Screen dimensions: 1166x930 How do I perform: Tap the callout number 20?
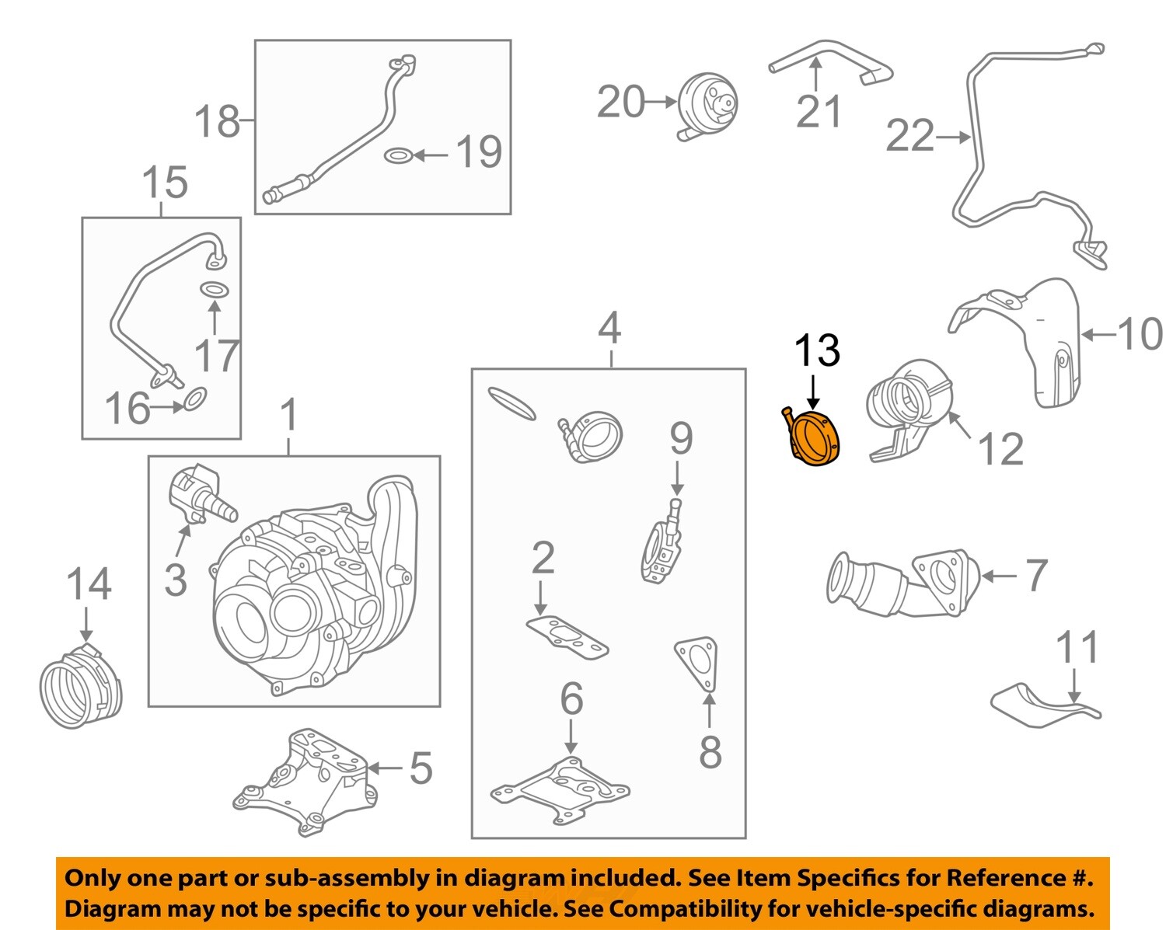pos(620,102)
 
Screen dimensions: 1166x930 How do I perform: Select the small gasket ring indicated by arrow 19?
pos(397,155)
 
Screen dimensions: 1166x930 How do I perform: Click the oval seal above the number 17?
pos(214,290)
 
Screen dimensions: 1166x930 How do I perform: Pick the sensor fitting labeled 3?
pos(196,494)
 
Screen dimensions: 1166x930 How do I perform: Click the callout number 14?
pos(89,584)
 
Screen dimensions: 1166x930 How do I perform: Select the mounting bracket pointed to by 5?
pos(305,782)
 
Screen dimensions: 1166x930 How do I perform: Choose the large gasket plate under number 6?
pos(560,790)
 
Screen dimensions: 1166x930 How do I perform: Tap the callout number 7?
pos(1036,575)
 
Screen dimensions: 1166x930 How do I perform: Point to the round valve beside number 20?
pos(707,107)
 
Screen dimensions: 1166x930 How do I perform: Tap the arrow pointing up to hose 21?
pos(816,75)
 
